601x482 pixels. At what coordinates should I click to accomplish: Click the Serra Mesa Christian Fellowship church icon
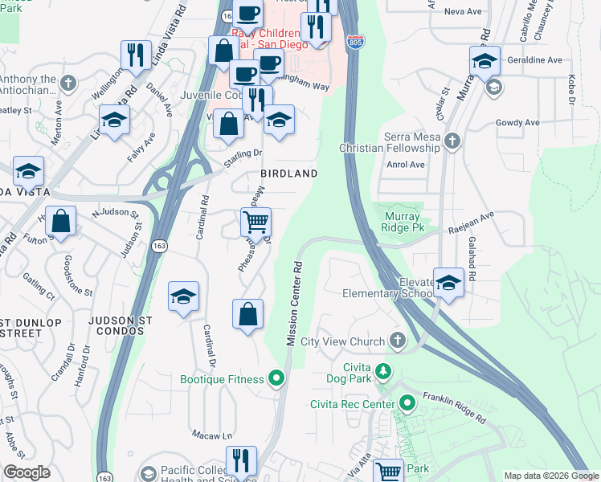(452, 142)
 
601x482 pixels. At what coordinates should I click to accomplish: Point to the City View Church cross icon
(397, 341)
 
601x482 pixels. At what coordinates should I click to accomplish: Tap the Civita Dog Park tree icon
(384, 370)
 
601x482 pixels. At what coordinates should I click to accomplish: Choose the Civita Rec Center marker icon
(407, 402)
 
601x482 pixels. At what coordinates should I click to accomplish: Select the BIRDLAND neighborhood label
(288, 174)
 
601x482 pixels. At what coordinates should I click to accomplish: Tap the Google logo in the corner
(27, 472)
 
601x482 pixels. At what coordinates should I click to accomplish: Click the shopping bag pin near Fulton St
(60, 219)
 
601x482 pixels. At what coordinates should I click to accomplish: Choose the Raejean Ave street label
(476, 217)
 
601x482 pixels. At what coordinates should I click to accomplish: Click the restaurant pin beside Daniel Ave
(133, 55)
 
